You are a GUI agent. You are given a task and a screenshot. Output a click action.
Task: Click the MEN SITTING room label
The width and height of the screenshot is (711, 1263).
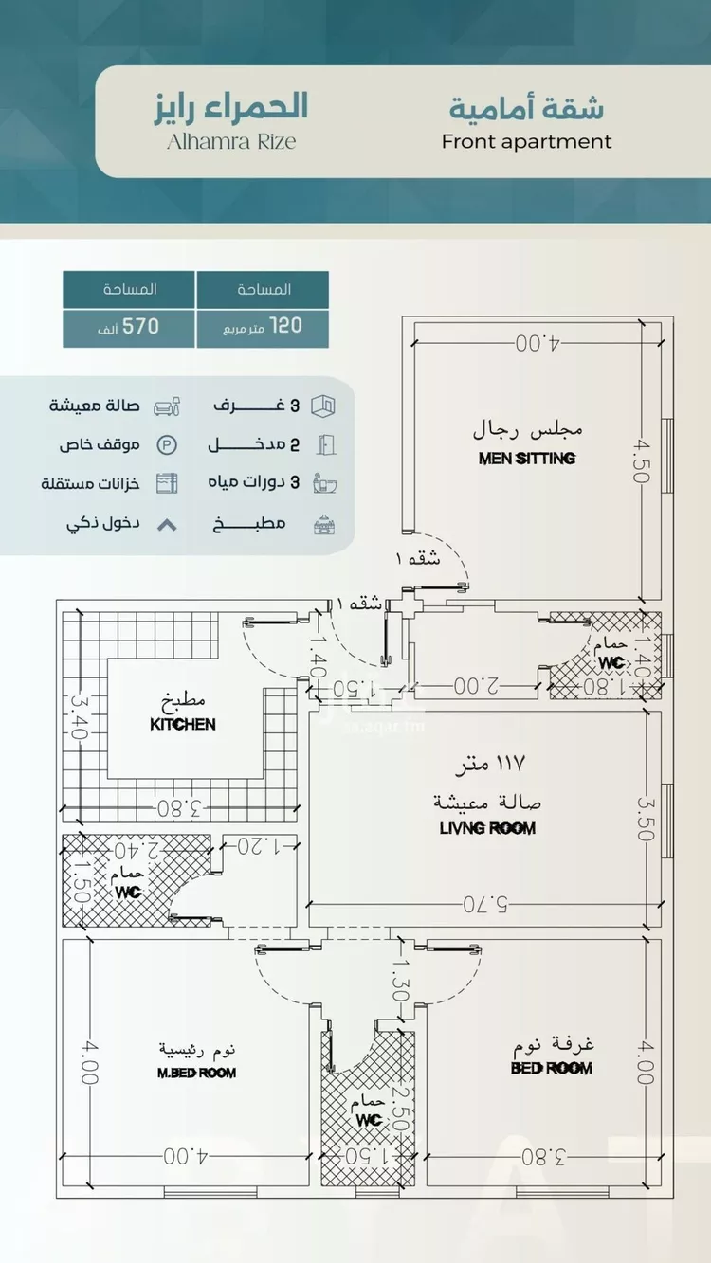(527, 459)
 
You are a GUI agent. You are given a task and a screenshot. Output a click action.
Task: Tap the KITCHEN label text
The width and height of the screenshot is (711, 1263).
(183, 725)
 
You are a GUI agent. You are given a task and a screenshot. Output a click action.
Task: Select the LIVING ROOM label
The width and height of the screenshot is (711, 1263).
(487, 828)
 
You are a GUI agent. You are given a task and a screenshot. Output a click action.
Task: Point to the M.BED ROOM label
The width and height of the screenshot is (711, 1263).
(196, 1073)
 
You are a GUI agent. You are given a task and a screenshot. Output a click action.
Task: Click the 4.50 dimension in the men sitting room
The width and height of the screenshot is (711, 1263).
(642, 461)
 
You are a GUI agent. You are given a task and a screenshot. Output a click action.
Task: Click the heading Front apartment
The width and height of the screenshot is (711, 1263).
(526, 142)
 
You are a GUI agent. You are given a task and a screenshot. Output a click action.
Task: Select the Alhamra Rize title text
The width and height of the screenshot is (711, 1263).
(231, 141)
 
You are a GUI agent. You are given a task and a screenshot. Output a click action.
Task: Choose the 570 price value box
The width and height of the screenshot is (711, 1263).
(129, 327)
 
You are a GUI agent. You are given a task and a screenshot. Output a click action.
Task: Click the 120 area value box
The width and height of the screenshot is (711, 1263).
(263, 327)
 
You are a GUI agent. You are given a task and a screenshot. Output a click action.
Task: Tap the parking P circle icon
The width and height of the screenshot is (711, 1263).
(166, 444)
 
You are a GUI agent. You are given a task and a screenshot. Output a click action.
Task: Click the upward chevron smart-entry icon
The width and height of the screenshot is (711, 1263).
(166, 523)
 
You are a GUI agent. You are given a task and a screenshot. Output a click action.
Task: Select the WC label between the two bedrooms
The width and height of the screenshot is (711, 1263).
(369, 1120)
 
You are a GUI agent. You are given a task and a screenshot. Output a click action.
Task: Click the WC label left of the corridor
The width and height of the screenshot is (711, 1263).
(127, 893)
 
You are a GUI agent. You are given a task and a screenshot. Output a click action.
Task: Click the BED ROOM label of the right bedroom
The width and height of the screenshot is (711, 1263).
(551, 1068)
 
